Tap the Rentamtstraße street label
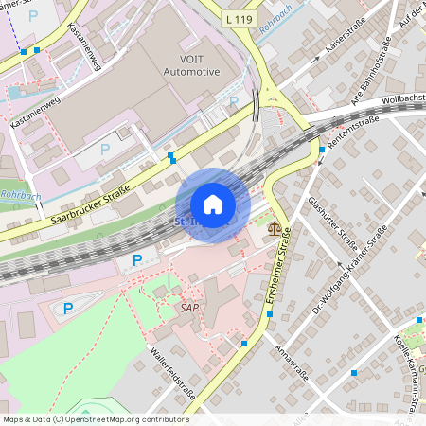[x=351, y=133]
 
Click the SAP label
[x=190, y=308]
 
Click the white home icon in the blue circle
[x=212, y=204]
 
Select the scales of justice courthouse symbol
[x=275, y=227]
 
